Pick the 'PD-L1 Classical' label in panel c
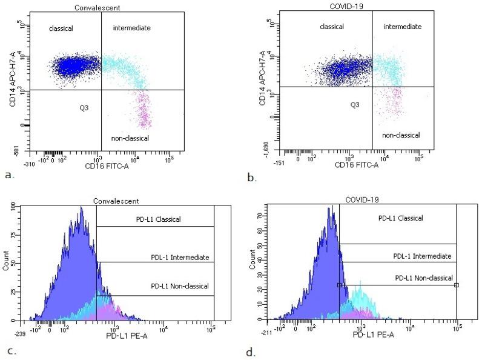coord(155,219)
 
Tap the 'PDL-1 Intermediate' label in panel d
coord(421,256)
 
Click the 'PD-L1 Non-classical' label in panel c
coord(179,285)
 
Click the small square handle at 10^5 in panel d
coord(456,285)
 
